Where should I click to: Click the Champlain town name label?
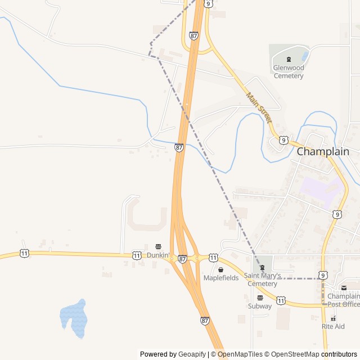coord(323,151)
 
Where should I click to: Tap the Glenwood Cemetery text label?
coord(289,71)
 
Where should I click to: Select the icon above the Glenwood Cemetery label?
coord(289,59)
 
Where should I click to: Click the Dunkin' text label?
coord(158,255)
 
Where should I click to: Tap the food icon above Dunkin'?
coord(158,246)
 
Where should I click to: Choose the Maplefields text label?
coord(220,278)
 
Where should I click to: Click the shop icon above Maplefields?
coord(220,269)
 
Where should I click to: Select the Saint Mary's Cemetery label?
coord(262,280)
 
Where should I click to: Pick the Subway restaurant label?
coord(260,307)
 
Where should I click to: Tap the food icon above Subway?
coord(260,298)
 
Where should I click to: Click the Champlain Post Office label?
coord(344,300)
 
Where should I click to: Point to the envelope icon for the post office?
coord(344,288)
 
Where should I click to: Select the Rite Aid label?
coord(333,326)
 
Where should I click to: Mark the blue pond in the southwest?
coord(73,318)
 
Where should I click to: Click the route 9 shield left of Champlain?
coord(283,139)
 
